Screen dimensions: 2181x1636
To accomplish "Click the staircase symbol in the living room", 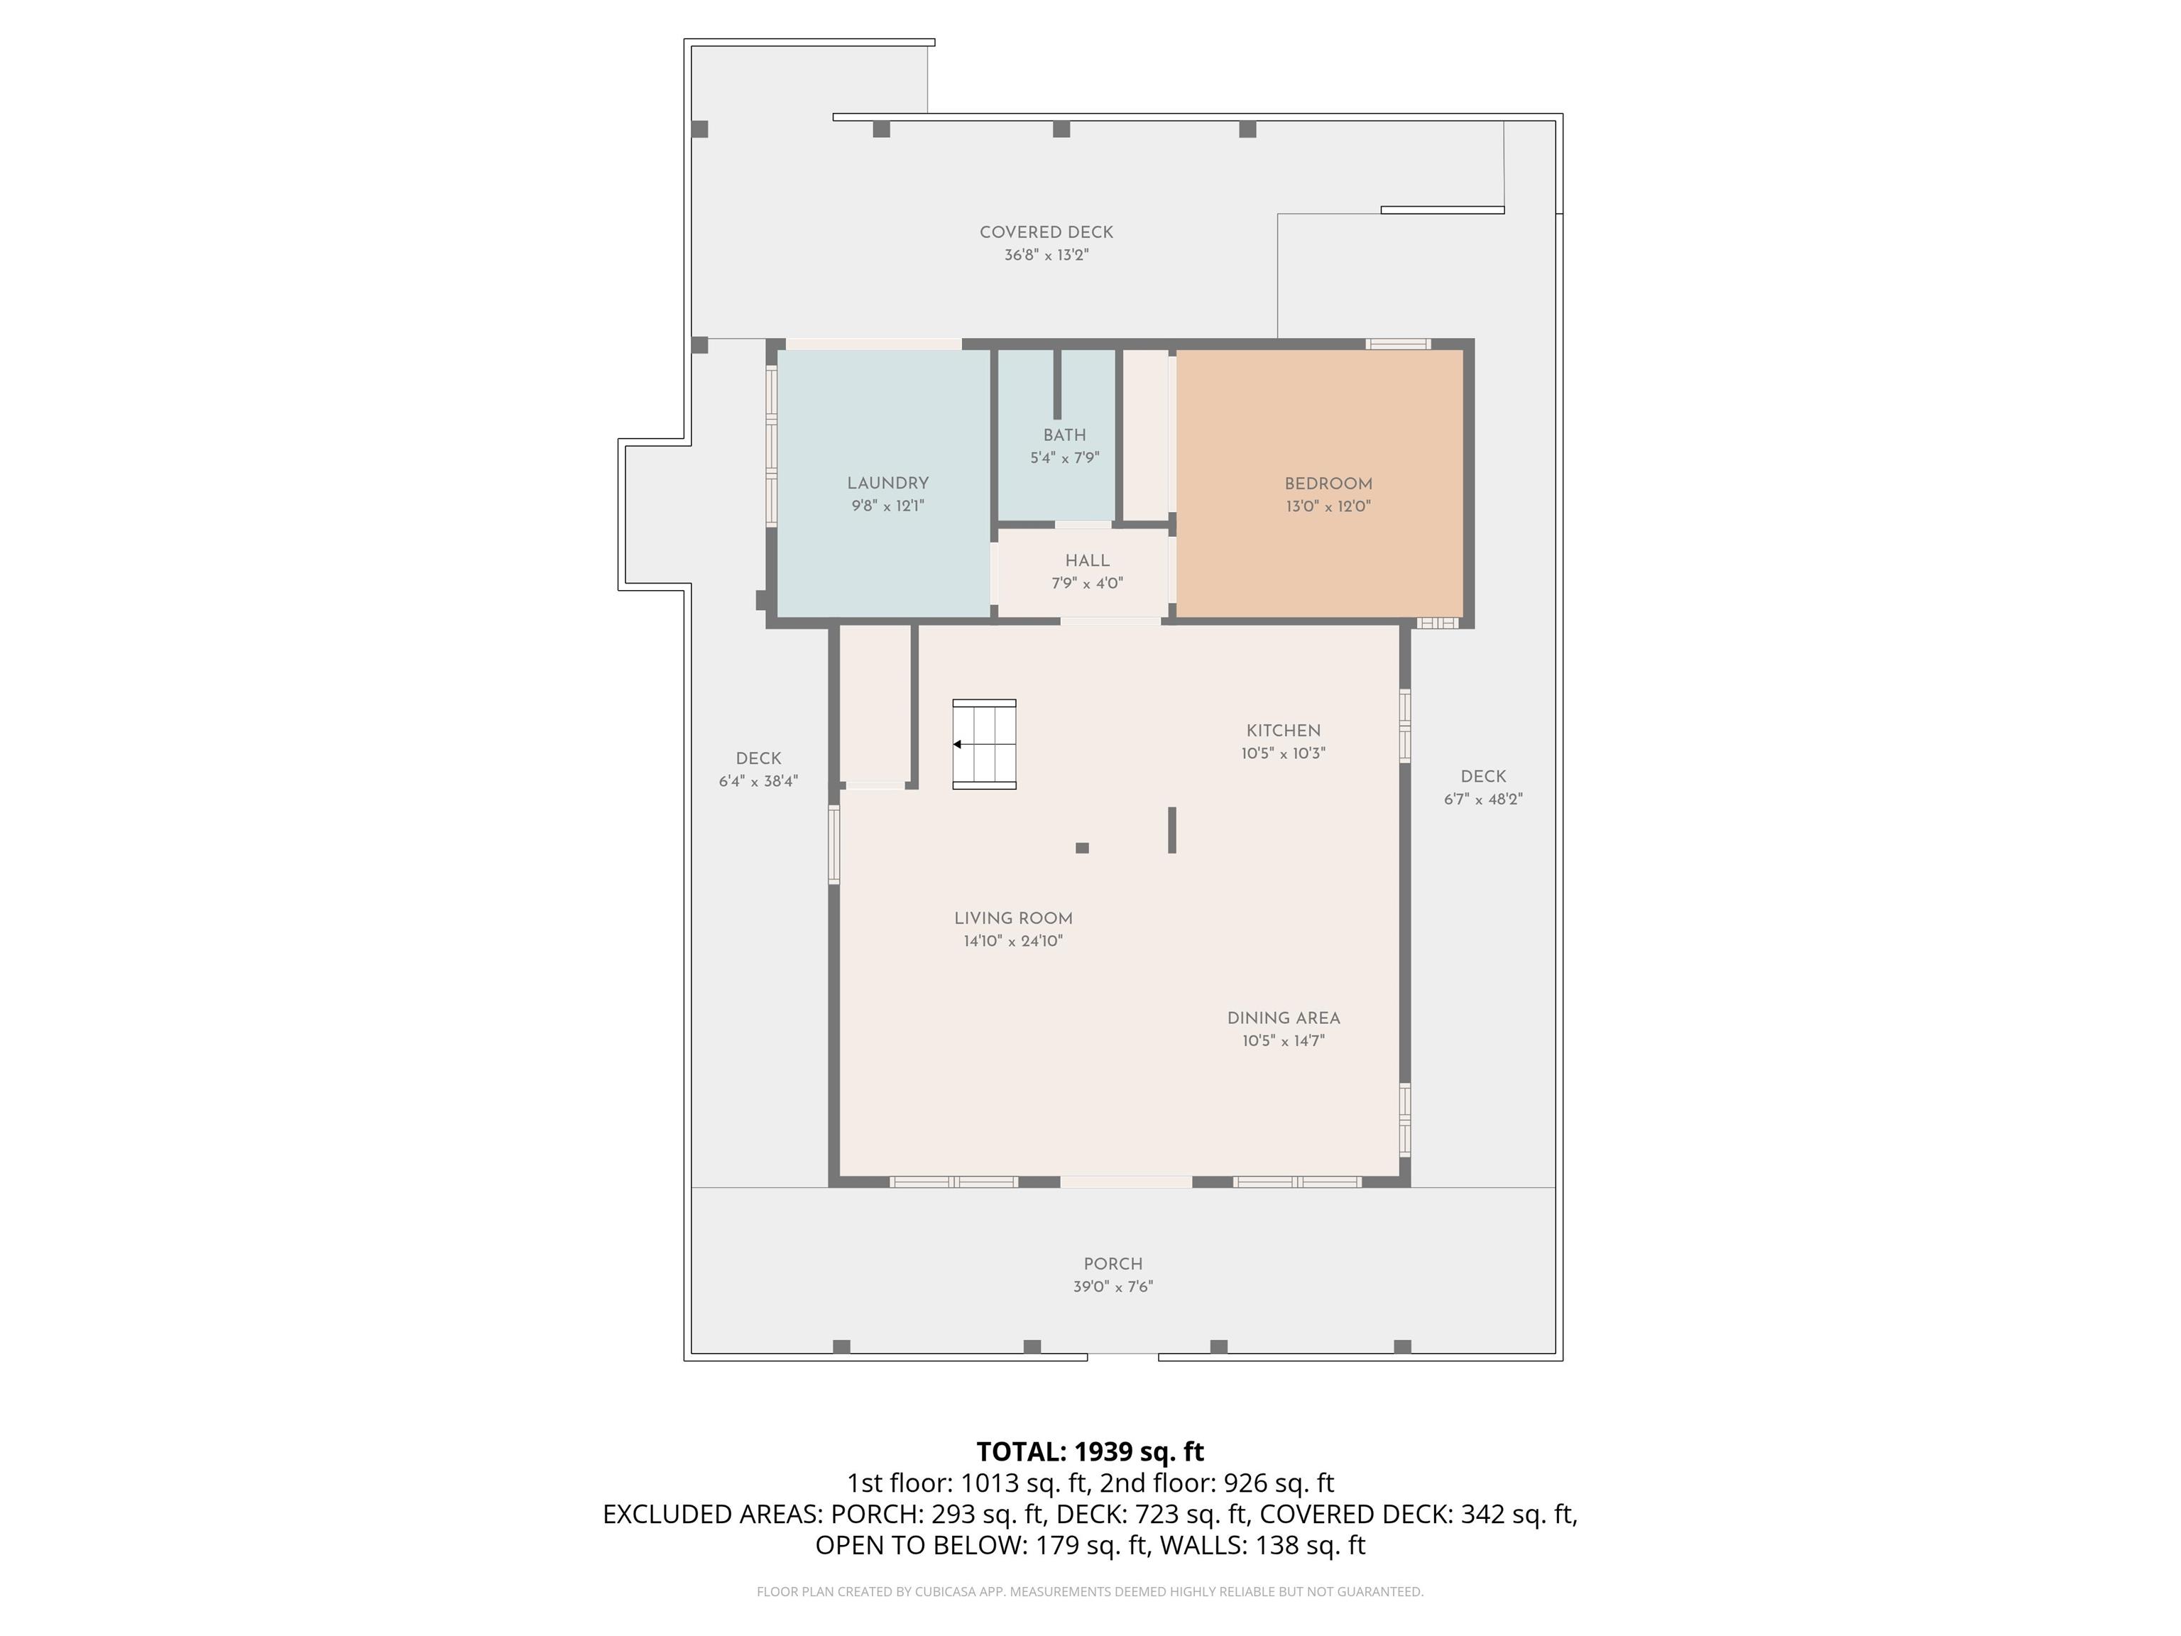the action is pos(984,745).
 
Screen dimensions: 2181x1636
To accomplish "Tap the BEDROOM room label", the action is pos(1328,484).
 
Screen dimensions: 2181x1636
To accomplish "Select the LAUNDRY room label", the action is pos(887,484).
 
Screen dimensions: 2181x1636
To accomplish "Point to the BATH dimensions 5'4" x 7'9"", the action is pos(1065,457).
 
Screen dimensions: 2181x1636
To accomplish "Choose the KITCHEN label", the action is pos(1284,731).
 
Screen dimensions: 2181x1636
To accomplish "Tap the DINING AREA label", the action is pos(1284,1018).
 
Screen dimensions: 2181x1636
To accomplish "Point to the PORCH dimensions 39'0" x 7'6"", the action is pos(1113,1287).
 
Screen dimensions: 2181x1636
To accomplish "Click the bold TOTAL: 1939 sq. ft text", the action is pos(1090,1451).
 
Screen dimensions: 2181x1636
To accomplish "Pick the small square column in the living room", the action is pos(1082,848).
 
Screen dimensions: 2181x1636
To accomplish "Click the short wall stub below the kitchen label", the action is pos(1172,830).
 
